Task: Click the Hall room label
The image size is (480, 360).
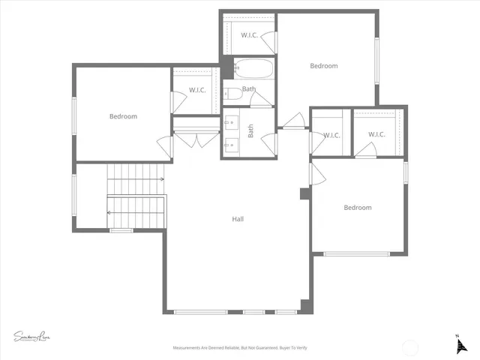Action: (x=238, y=219)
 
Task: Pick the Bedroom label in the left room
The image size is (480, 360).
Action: (x=123, y=116)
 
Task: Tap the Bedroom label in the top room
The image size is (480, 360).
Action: (x=324, y=66)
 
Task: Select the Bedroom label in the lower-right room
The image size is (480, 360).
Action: (x=358, y=208)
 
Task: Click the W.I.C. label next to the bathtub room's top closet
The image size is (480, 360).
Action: (x=250, y=35)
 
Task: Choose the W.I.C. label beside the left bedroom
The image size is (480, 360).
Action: (x=197, y=91)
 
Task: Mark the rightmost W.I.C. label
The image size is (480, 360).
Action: (x=376, y=135)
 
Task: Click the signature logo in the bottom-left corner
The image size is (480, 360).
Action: (x=31, y=335)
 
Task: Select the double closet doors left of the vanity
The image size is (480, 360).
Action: (x=196, y=139)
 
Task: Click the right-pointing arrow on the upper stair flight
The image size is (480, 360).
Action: (x=161, y=179)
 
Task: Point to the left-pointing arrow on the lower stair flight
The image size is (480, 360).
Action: (x=109, y=212)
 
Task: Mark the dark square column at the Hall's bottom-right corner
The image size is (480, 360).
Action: (x=304, y=305)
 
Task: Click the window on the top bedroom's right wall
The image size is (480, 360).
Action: (x=377, y=58)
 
